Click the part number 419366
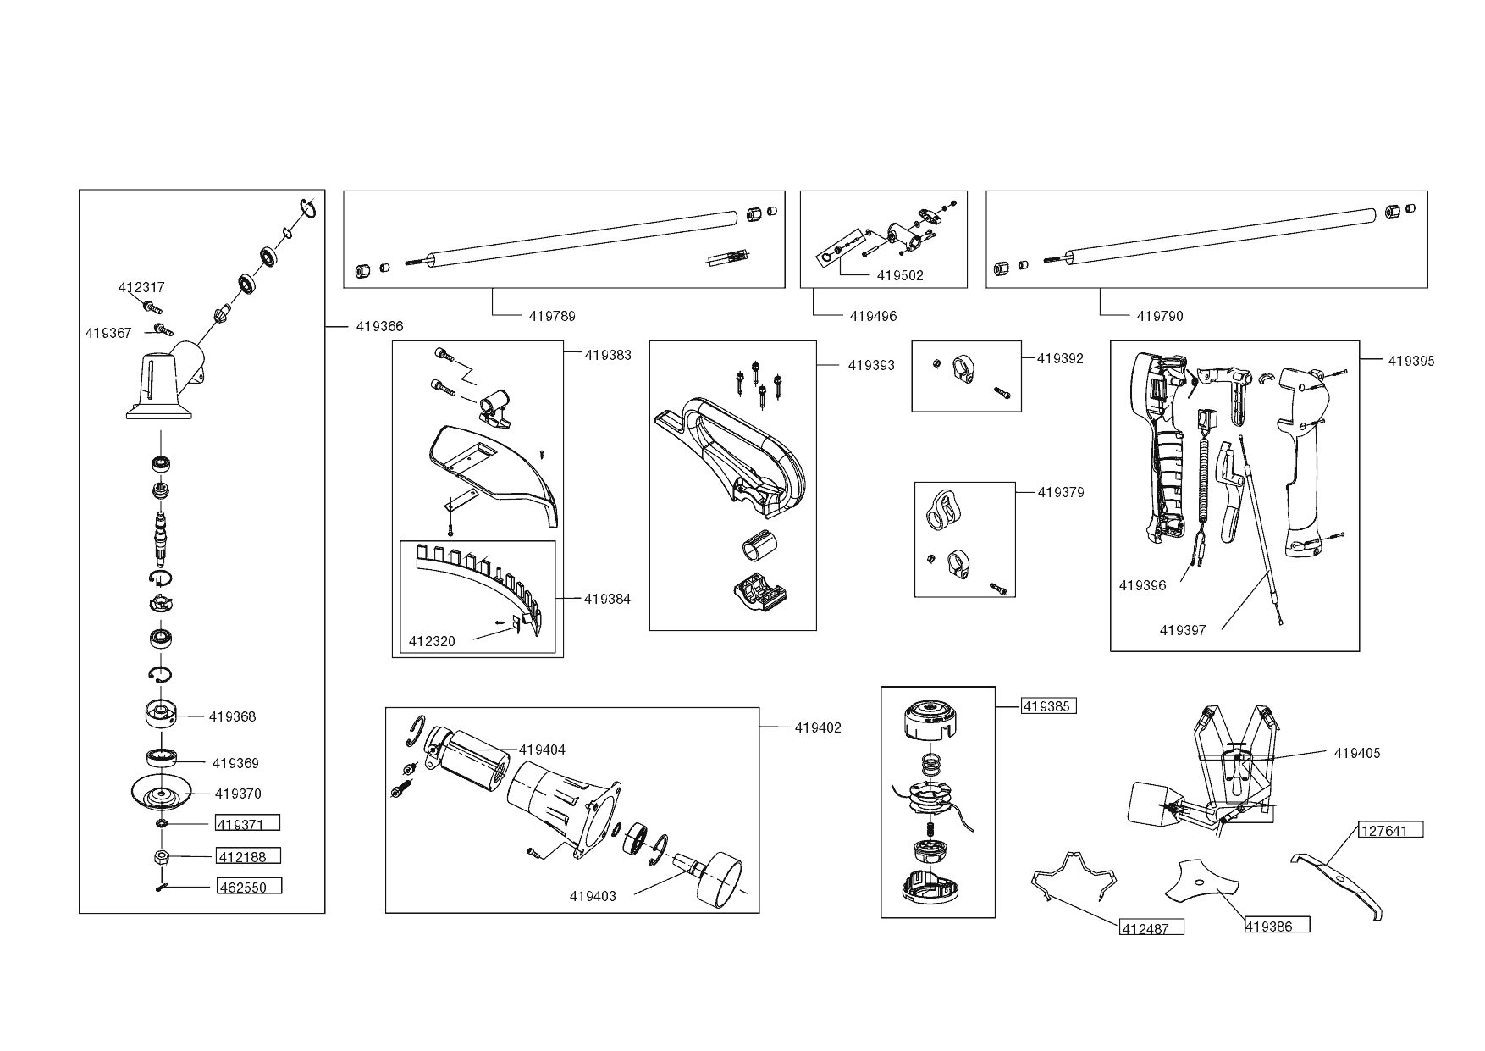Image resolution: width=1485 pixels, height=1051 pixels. coord(379,326)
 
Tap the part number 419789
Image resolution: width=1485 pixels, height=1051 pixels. coord(552,316)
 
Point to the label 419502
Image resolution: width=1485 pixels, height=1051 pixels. coord(900,275)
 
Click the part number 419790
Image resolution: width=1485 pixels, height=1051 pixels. coord(1160,316)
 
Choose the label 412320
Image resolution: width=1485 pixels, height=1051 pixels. coord(432,641)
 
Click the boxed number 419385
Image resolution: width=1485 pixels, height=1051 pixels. coord(1048,706)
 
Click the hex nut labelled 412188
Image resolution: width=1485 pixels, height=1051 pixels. coord(162,856)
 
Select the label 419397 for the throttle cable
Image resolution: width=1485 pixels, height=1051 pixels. coord(1183,629)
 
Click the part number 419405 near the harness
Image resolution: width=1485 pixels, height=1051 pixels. coord(1356,753)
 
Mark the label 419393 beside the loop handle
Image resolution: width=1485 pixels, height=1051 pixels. coord(871,365)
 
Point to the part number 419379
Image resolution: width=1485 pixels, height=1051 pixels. coord(1060,492)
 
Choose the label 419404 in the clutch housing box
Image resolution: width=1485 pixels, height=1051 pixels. coord(542,750)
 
